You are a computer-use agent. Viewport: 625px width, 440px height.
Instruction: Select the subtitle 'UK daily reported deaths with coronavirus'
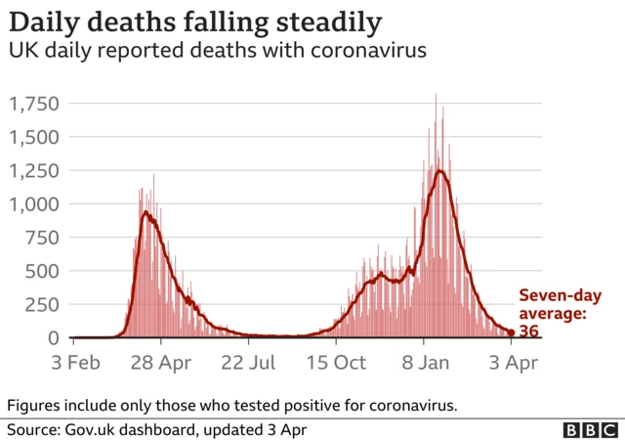218,52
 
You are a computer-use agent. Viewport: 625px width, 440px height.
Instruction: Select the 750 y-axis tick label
43,238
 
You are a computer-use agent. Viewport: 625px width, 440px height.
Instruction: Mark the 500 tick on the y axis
43,271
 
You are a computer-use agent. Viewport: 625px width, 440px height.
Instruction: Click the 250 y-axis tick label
43,304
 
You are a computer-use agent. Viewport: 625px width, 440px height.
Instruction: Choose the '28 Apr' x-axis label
161,363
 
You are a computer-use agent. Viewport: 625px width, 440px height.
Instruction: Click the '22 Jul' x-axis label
248,363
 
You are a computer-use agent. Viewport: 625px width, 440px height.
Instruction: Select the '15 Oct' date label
336,363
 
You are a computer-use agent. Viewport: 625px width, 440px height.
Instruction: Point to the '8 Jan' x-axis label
423,363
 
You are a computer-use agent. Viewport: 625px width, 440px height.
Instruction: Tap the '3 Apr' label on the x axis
510,363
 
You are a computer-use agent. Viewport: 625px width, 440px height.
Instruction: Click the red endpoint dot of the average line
511,332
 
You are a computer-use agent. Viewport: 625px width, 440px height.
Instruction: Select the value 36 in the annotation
529,331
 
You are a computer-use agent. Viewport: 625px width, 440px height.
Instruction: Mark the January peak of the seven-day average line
440,172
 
